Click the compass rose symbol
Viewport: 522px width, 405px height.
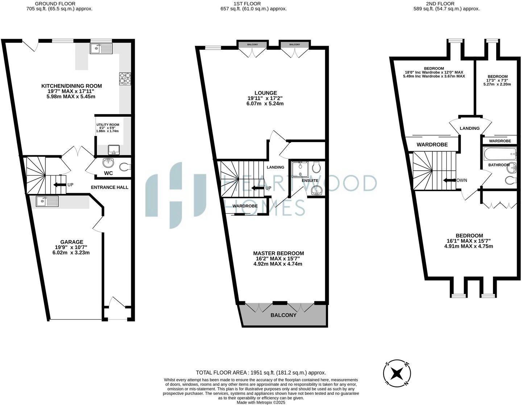[x=397, y=373]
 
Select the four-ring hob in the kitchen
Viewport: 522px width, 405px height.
[x=125, y=79]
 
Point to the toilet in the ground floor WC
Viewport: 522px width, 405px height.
[x=124, y=167]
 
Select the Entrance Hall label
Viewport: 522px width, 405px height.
[x=109, y=187]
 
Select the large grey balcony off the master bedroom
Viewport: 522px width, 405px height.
[x=283, y=315]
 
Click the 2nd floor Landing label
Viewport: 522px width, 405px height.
[x=469, y=128]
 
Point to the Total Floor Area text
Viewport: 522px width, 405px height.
[x=261, y=372]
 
